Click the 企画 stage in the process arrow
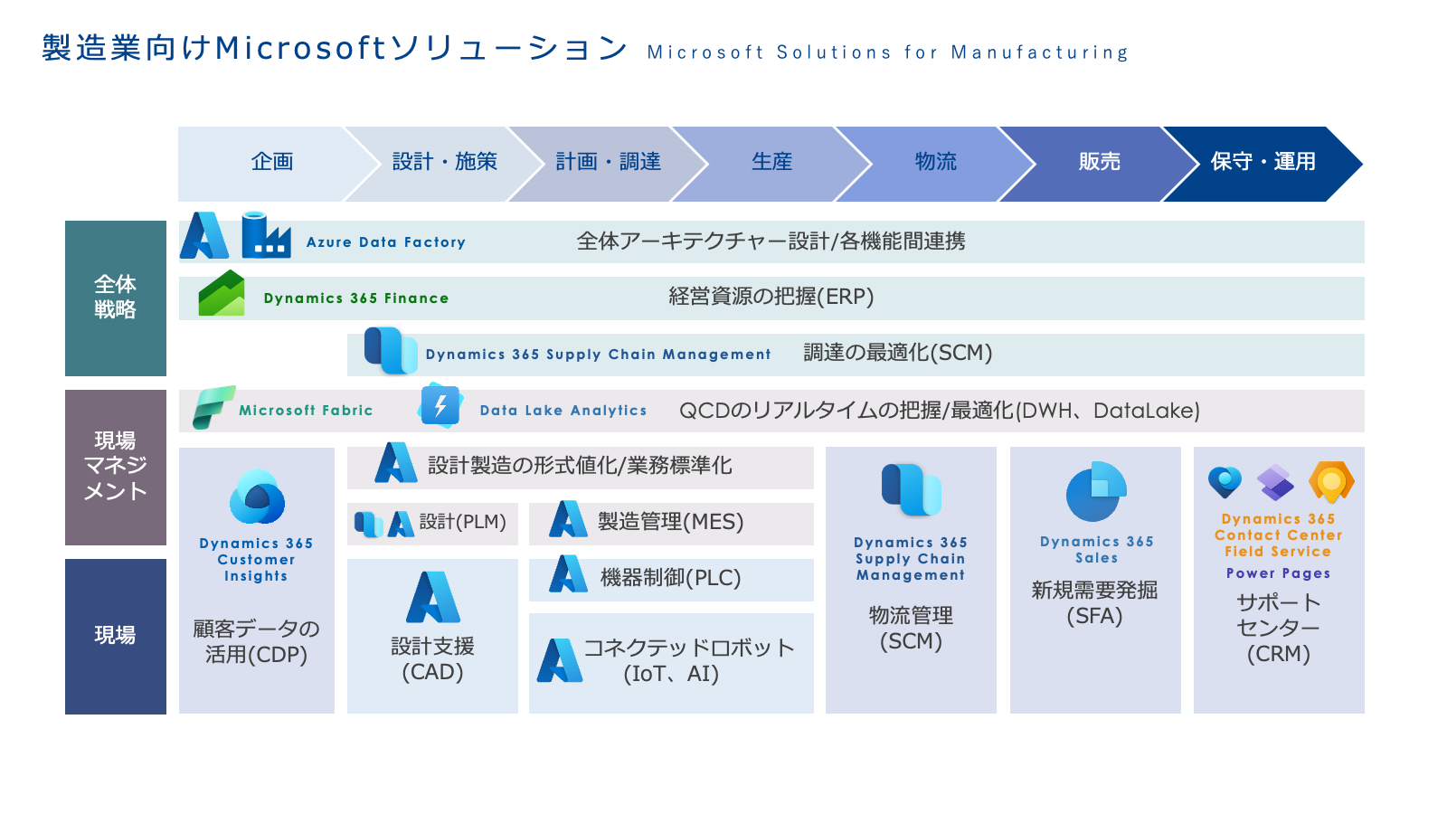coord(271,162)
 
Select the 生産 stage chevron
coord(771,162)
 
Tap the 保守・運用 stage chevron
coord(1263,162)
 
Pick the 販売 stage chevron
coord(1099,162)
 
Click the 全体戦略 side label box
coord(116,298)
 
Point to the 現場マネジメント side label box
coord(116,467)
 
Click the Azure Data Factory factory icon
coord(266,235)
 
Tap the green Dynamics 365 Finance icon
coord(222,294)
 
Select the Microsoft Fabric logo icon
coord(213,407)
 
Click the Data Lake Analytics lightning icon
coord(440,406)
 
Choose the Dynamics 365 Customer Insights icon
coord(257,497)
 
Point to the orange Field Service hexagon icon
coord(1331,481)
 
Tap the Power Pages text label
coord(1278,573)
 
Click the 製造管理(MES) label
coord(670,522)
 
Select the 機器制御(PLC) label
coord(670,578)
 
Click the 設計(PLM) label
coord(462,522)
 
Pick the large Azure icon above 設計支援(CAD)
coord(433,598)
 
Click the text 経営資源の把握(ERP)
coord(771,297)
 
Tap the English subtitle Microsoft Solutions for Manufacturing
coord(887,52)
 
